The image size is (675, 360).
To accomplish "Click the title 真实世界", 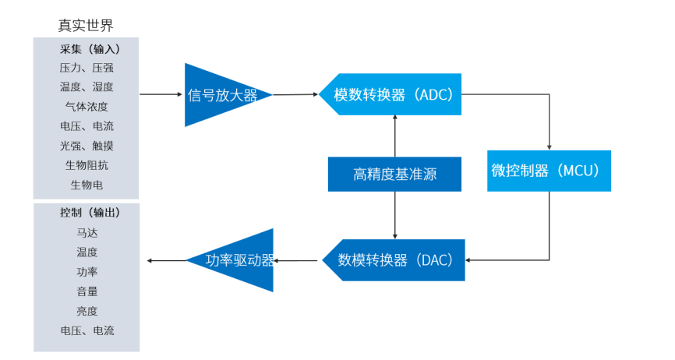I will click(86, 25).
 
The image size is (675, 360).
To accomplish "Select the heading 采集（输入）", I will click(87, 48).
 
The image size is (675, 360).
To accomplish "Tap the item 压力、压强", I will click(87, 68).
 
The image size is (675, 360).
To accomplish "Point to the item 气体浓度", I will click(87, 107).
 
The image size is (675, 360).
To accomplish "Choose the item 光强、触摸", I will click(87, 146).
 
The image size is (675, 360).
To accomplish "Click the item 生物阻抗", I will click(87, 165).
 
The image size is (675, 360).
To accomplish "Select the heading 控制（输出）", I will click(87, 213).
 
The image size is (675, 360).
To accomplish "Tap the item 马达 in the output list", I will click(87, 232).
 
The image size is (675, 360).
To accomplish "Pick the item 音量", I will click(87, 291).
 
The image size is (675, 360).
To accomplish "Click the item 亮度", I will click(87, 311).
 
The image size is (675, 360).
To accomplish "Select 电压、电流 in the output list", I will click(87, 330).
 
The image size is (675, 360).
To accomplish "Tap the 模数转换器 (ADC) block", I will click(394, 95).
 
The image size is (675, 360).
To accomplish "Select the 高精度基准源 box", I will click(394, 175).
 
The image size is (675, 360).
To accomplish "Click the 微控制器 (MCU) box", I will click(550, 171).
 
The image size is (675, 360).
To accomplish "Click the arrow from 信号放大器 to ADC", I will click(296, 95).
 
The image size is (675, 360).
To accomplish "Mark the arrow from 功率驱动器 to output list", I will click(165, 260).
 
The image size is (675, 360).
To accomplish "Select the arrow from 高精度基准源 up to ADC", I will click(395, 136).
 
